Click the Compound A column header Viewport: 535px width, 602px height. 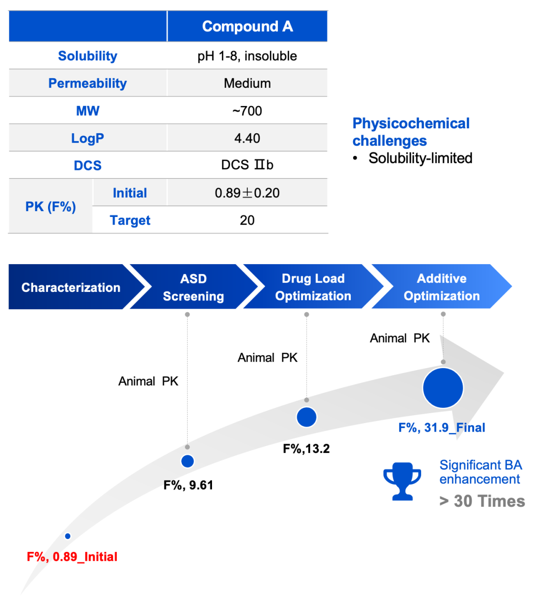[247, 26]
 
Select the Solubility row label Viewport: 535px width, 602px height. [88, 56]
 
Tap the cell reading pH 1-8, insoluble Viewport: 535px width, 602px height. [247, 56]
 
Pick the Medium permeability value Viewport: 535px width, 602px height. [247, 83]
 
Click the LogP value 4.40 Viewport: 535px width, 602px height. [247, 138]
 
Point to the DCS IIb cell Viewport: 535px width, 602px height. [247, 165]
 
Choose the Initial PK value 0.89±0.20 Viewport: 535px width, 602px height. [247, 193]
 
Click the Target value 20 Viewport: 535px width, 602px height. [247, 220]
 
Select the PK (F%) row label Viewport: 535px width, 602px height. [51, 207]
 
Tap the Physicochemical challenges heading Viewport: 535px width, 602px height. [411, 132]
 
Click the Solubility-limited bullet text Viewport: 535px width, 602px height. [420, 158]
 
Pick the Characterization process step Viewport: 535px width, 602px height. [71, 287]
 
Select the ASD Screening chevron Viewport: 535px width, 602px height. [193, 287]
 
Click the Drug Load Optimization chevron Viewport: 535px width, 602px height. [313, 287]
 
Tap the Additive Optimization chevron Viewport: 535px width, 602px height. [441, 287]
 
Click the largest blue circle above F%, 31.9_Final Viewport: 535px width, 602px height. [443, 388]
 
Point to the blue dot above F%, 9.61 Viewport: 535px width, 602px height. [187, 461]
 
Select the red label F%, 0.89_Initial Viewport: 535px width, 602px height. [72, 557]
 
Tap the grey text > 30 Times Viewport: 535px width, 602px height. [482, 501]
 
